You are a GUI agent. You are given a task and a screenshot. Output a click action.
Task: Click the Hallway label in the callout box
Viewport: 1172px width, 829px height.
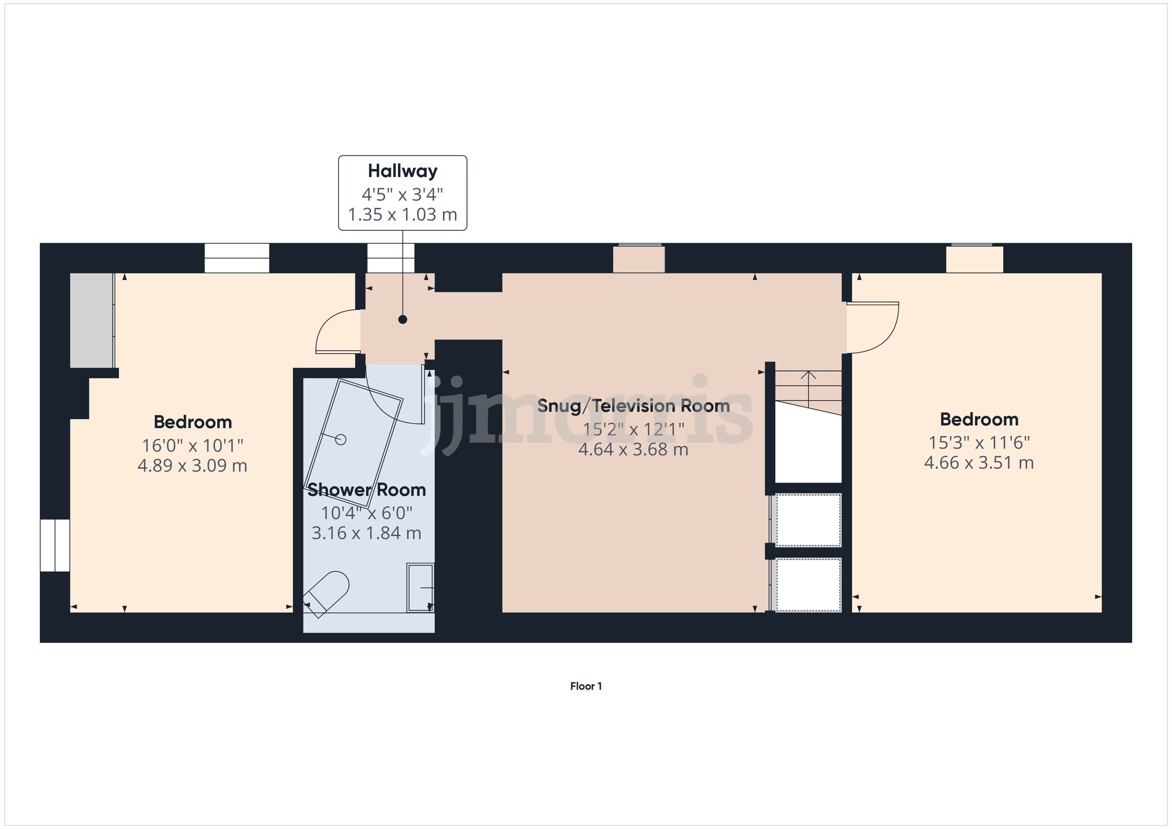(403, 171)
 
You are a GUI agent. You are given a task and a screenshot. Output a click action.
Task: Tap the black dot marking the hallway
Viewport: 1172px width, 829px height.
(403, 319)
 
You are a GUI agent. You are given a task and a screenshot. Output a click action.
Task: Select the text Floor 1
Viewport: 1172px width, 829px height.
(585, 686)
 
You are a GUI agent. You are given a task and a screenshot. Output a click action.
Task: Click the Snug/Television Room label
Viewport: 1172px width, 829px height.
(633, 405)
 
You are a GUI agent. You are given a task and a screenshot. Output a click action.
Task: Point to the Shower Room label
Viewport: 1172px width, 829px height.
(366, 490)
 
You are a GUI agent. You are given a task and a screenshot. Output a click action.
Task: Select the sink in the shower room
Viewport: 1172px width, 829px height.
(420, 587)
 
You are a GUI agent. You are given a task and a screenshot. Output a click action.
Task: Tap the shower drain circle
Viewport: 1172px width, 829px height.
(341, 439)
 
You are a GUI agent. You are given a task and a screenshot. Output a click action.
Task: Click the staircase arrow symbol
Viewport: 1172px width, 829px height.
(809, 387)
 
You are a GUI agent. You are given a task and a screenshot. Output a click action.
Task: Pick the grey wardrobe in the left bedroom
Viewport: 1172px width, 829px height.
(91, 320)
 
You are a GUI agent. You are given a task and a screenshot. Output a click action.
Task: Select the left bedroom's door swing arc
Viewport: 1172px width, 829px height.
(336, 332)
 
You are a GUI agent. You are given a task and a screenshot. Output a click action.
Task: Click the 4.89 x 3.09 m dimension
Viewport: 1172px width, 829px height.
(192, 466)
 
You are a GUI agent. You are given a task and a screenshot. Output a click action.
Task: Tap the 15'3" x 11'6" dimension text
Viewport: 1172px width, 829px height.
(979, 442)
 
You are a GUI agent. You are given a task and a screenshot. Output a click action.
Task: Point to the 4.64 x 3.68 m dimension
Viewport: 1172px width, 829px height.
(633, 449)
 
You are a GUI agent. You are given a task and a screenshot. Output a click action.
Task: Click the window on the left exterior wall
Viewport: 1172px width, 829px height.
(55, 545)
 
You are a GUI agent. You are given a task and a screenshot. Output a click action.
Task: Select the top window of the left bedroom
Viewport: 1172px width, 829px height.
(237, 258)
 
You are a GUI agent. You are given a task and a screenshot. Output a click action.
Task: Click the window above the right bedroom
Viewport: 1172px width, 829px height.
(975, 258)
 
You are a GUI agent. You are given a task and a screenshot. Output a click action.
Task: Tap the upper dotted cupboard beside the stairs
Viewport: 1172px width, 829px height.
(808, 520)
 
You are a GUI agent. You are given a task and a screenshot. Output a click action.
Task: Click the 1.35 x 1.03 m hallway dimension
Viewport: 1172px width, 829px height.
(403, 214)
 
